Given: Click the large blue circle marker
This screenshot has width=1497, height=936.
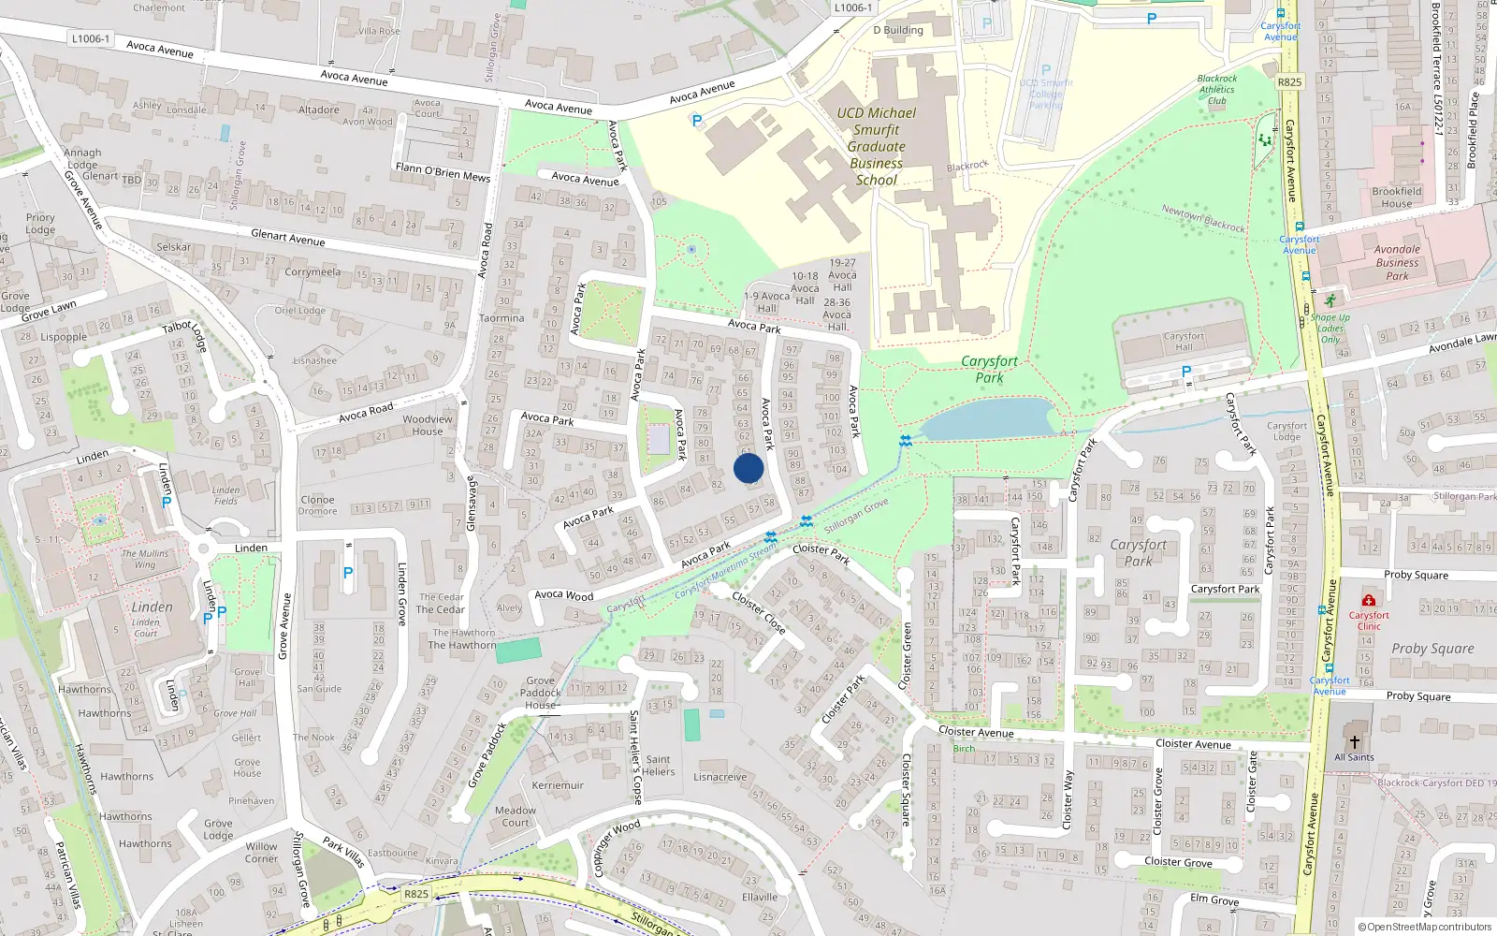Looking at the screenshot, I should point(748,468).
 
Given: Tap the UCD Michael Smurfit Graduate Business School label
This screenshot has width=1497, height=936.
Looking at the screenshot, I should point(877,146).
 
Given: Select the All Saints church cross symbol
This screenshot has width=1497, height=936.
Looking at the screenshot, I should point(1354,740).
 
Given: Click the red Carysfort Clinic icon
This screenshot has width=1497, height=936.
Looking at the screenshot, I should point(1369,600).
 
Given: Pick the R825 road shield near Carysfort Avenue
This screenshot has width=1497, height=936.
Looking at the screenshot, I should point(1289,82).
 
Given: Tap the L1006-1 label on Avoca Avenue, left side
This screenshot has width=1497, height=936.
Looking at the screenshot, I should point(91,38).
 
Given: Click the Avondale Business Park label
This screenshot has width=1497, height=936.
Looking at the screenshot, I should point(1397,263).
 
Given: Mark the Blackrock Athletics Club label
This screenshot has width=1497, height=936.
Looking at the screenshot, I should point(1217,90).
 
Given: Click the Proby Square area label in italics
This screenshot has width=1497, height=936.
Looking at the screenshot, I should point(1432,649).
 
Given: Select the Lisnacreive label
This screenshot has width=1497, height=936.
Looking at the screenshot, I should point(720,777).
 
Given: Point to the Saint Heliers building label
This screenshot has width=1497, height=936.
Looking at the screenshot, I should point(659,766).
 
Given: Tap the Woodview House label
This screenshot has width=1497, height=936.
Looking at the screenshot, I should point(428,425).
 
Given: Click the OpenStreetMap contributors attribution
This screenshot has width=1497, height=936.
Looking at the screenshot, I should point(1424,928).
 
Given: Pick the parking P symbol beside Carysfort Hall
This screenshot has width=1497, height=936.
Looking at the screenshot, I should point(1186,372).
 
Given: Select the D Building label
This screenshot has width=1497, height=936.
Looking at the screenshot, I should point(898,30).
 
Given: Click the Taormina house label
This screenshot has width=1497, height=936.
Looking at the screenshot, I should point(501,318).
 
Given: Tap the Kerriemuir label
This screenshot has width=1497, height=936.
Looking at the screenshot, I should point(558,785).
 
